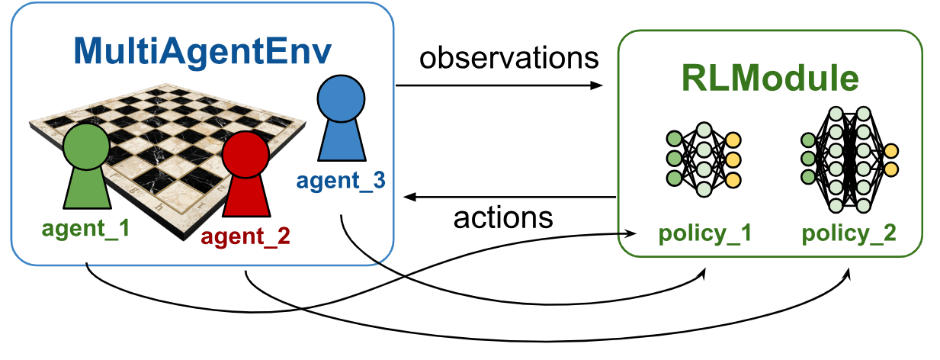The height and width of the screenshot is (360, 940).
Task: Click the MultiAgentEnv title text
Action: click(202, 50)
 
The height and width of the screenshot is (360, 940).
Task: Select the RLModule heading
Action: click(769, 79)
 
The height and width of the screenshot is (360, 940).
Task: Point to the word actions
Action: click(502, 218)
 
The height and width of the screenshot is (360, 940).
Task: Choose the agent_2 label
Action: click(245, 237)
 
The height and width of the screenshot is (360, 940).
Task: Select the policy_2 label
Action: click(849, 233)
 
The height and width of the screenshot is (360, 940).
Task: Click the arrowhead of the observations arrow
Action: click(596, 85)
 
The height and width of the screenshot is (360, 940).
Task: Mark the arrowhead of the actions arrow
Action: click(410, 198)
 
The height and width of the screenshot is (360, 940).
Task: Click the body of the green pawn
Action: click(85, 191)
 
